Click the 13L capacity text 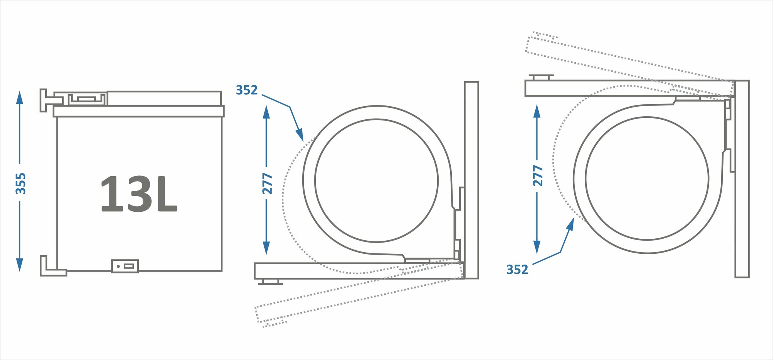click(x=138, y=194)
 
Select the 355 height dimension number click(x=20, y=183)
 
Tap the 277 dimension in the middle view click(x=267, y=183)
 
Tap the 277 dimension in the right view click(x=538, y=176)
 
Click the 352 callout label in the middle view click(x=247, y=90)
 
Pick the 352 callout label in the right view click(x=517, y=269)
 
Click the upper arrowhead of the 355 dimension click(x=19, y=97)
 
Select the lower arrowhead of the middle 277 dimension click(x=266, y=248)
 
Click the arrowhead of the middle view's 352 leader click(x=300, y=135)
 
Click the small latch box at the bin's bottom click(x=125, y=266)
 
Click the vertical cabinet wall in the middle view click(x=471, y=180)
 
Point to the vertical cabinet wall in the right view click(x=742, y=178)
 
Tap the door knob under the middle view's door click(x=270, y=282)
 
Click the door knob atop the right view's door click(x=541, y=77)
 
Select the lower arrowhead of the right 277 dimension click(x=537, y=247)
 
